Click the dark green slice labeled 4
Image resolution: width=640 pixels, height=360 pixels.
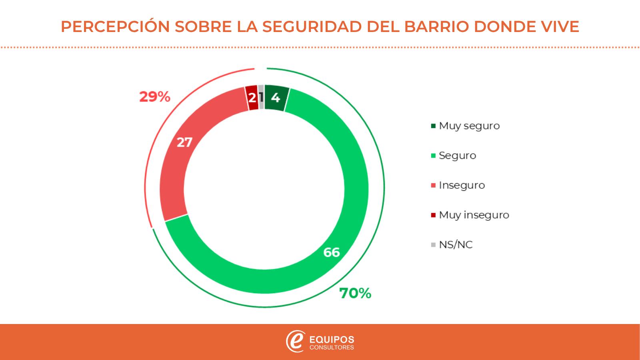[276, 98]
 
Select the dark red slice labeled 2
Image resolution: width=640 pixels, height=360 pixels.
[252, 97]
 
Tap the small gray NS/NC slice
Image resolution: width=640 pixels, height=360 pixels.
[261, 97]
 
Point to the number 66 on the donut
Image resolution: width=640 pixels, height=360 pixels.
[331, 252]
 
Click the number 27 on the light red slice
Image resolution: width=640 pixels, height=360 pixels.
[184, 142]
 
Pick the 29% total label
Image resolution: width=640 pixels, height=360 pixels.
[155, 97]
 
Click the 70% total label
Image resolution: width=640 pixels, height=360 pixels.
[355, 294]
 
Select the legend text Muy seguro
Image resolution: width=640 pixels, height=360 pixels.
[469, 126]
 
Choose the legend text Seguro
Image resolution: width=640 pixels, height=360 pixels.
[457, 155]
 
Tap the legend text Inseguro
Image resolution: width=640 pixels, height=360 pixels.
[462, 185]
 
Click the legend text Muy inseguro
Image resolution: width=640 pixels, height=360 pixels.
[474, 215]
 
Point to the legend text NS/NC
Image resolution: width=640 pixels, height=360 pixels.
[456, 244]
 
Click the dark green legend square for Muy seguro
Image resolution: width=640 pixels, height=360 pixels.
[433, 126]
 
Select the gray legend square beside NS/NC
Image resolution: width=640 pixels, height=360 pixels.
[433, 245]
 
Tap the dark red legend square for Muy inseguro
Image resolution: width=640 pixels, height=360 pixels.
[433, 215]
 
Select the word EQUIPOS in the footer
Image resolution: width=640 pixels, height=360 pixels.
[332, 340]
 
